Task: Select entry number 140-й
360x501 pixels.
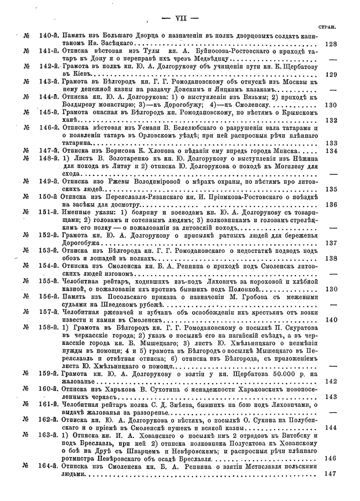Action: coord(49,36)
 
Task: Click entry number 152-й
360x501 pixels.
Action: coord(49,235)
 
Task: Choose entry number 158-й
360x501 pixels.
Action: coord(49,327)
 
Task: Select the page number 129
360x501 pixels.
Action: coord(331,74)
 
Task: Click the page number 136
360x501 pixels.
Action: coord(331,204)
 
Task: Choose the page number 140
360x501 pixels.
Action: coord(331,319)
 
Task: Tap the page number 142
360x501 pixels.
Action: coord(331,381)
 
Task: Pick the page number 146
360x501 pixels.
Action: coord(331,458)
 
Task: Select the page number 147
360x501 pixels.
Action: coord(331,473)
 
